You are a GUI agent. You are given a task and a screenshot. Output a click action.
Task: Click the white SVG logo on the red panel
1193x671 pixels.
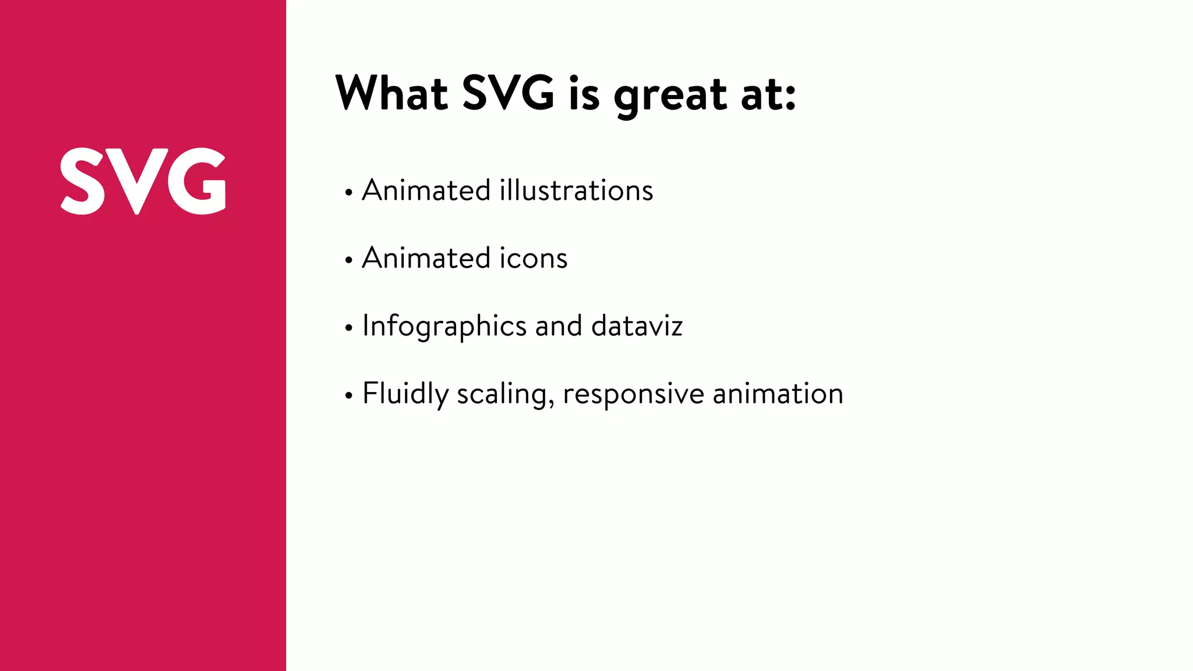point(143,181)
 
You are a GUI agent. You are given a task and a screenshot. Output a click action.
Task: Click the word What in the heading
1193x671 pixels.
point(391,93)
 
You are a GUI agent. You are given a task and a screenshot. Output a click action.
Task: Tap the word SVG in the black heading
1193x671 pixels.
point(508,93)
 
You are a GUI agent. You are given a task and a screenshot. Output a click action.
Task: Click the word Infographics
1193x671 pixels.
point(444,326)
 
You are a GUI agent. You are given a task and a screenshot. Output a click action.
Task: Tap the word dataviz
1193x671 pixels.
point(637,326)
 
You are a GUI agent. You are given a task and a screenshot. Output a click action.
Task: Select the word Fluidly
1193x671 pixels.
point(405,394)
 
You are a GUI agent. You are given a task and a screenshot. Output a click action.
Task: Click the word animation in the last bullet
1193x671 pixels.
point(778,394)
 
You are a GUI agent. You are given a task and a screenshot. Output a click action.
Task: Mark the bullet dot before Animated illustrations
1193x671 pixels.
point(348,192)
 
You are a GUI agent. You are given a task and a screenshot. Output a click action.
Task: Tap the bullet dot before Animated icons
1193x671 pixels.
point(348,260)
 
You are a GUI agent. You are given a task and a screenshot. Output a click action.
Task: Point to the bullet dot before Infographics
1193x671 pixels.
point(348,328)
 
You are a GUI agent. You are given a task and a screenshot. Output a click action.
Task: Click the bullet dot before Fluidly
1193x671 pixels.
point(348,396)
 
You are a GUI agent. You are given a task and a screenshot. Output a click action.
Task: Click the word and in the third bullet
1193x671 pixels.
point(558,326)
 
